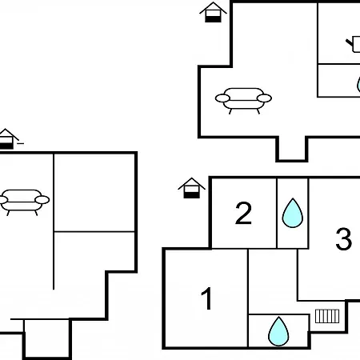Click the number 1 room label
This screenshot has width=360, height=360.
pyautogui.click(x=207, y=298)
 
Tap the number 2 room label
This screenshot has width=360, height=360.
pyautogui.click(x=243, y=213)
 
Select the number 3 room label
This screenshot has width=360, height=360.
pyautogui.click(x=343, y=239)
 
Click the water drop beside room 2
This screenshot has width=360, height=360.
pyautogui.click(x=293, y=213)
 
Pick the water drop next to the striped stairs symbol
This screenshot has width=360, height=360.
pyautogui.click(x=278, y=331)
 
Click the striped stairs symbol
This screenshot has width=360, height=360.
pyautogui.click(x=327, y=316)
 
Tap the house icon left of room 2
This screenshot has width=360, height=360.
pyautogui.click(x=191, y=188)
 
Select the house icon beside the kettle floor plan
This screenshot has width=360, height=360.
pyautogui.click(x=213, y=12)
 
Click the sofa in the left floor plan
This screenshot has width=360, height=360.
pyautogui.click(x=23, y=202)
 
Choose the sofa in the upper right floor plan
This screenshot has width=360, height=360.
pyautogui.click(x=243, y=101)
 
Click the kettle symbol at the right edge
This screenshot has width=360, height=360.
pyautogui.click(x=354, y=44)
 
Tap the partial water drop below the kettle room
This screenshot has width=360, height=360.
pyautogui.click(x=358, y=84)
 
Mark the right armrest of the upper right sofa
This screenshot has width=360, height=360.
pyautogui.click(x=264, y=98)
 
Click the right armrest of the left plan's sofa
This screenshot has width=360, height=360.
pyautogui.click(x=42, y=200)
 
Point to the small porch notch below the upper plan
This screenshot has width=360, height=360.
pyautogui.click(x=292, y=149)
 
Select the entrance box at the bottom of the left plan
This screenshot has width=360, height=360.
pyautogui.click(x=47, y=338)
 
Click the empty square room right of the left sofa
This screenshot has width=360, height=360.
pyautogui.click(x=94, y=192)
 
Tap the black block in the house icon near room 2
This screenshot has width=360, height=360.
pyautogui.click(x=191, y=195)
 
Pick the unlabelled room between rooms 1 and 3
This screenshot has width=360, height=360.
pyautogui.click(x=273, y=282)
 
